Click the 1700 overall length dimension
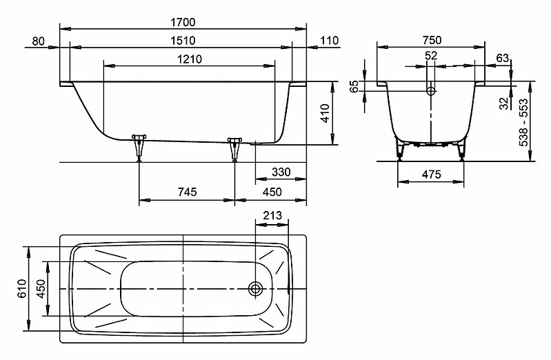tap(183, 22)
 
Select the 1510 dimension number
tap(183, 41)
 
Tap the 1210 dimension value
tap(190, 59)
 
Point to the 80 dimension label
tap(39, 41)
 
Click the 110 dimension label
tap(329, 41)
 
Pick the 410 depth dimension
tap(325, 113)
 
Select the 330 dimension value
tap(281, 172)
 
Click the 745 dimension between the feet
tap(188, 192)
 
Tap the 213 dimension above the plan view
tap(272, 215)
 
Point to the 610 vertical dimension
tap(22, 288)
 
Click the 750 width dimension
tap(432, 40)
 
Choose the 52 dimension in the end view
tap(431, 56)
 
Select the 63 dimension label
tap(503, 58)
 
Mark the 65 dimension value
tap(354, 86)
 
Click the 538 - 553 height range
tap(523, 123)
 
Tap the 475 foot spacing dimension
tap(431, 174)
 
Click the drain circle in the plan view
tap(255, 289)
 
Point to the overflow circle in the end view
tap(431, 91)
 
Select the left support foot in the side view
tap(139, 148)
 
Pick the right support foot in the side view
tap(234, 150)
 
